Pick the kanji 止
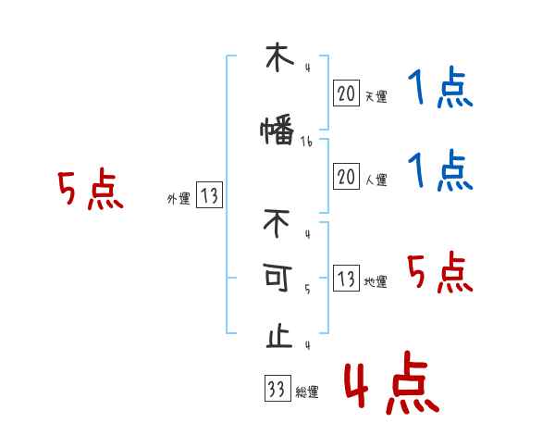277,336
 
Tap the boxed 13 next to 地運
346,280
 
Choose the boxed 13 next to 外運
209,195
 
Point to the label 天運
376,95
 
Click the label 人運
376,180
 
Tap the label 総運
307,392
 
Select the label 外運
178,198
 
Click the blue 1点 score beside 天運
440,90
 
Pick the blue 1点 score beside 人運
440,171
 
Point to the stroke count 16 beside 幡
307,142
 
